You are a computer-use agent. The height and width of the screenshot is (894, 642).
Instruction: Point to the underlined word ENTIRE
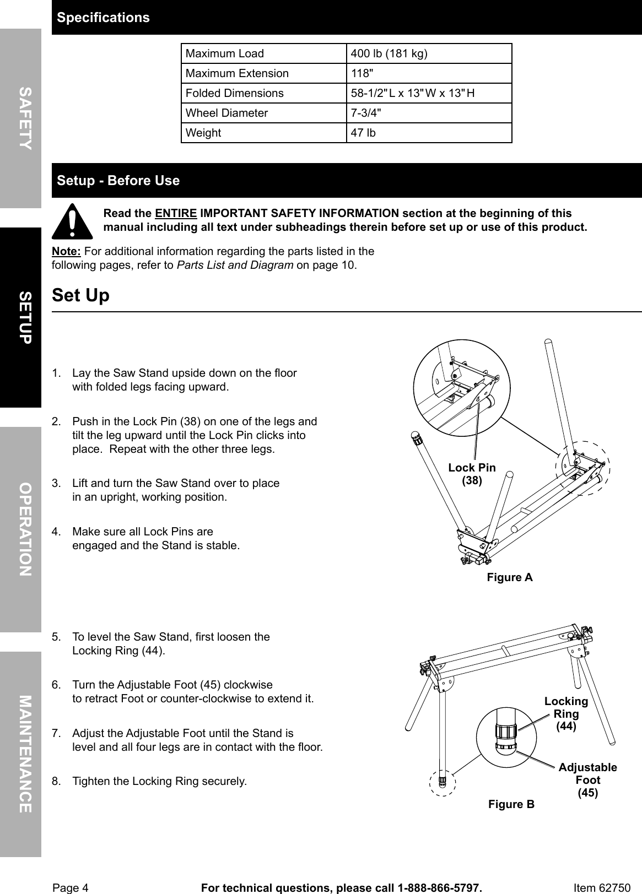[176, 214]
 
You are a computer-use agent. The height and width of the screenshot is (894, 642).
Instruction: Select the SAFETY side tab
[21, 118]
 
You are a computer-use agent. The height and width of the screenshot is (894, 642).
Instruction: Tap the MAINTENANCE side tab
[21, 754]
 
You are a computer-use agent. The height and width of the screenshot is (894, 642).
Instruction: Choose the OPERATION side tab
[21, 529]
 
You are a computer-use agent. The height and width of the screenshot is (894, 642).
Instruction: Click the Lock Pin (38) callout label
[472, 474]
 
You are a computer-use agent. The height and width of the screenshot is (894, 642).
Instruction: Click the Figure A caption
[510, 577]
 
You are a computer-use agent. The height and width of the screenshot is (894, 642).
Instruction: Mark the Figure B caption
[511, 805]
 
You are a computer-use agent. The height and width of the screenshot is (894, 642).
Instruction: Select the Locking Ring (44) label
[566, 714]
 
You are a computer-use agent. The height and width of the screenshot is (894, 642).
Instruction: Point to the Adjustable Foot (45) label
[587, 780]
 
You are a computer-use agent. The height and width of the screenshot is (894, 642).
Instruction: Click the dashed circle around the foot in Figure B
[443, 783]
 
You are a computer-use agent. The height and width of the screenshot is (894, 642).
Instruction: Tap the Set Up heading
[81, 296]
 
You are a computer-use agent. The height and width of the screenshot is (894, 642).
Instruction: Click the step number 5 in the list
[56, 637]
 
